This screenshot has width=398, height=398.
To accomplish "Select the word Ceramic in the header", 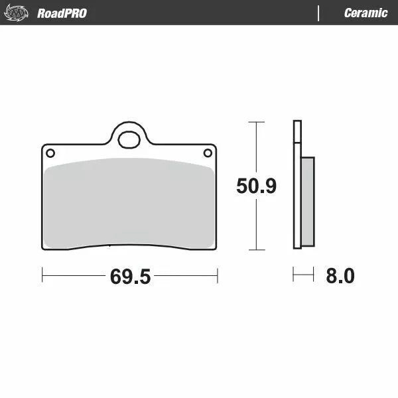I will [365, 13].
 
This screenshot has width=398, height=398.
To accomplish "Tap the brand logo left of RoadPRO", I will [17, 13].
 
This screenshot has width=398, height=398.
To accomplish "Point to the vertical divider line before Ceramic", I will [319, 13].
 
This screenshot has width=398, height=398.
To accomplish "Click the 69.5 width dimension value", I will [130, 277].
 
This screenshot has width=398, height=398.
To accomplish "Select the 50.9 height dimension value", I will [256, 186].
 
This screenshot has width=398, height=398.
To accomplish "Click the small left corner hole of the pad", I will [50, 153].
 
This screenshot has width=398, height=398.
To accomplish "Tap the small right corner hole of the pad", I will [208, 153].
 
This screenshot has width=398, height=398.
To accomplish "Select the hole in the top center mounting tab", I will [128, 139].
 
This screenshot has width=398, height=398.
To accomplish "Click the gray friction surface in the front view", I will [129, 202].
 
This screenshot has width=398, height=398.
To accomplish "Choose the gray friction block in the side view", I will [308, 200].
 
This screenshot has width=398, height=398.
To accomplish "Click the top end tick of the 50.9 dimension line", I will [256, 122].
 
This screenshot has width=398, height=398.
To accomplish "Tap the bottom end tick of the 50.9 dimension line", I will [256, 250].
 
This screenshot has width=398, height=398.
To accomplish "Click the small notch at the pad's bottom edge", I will [109, 247].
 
